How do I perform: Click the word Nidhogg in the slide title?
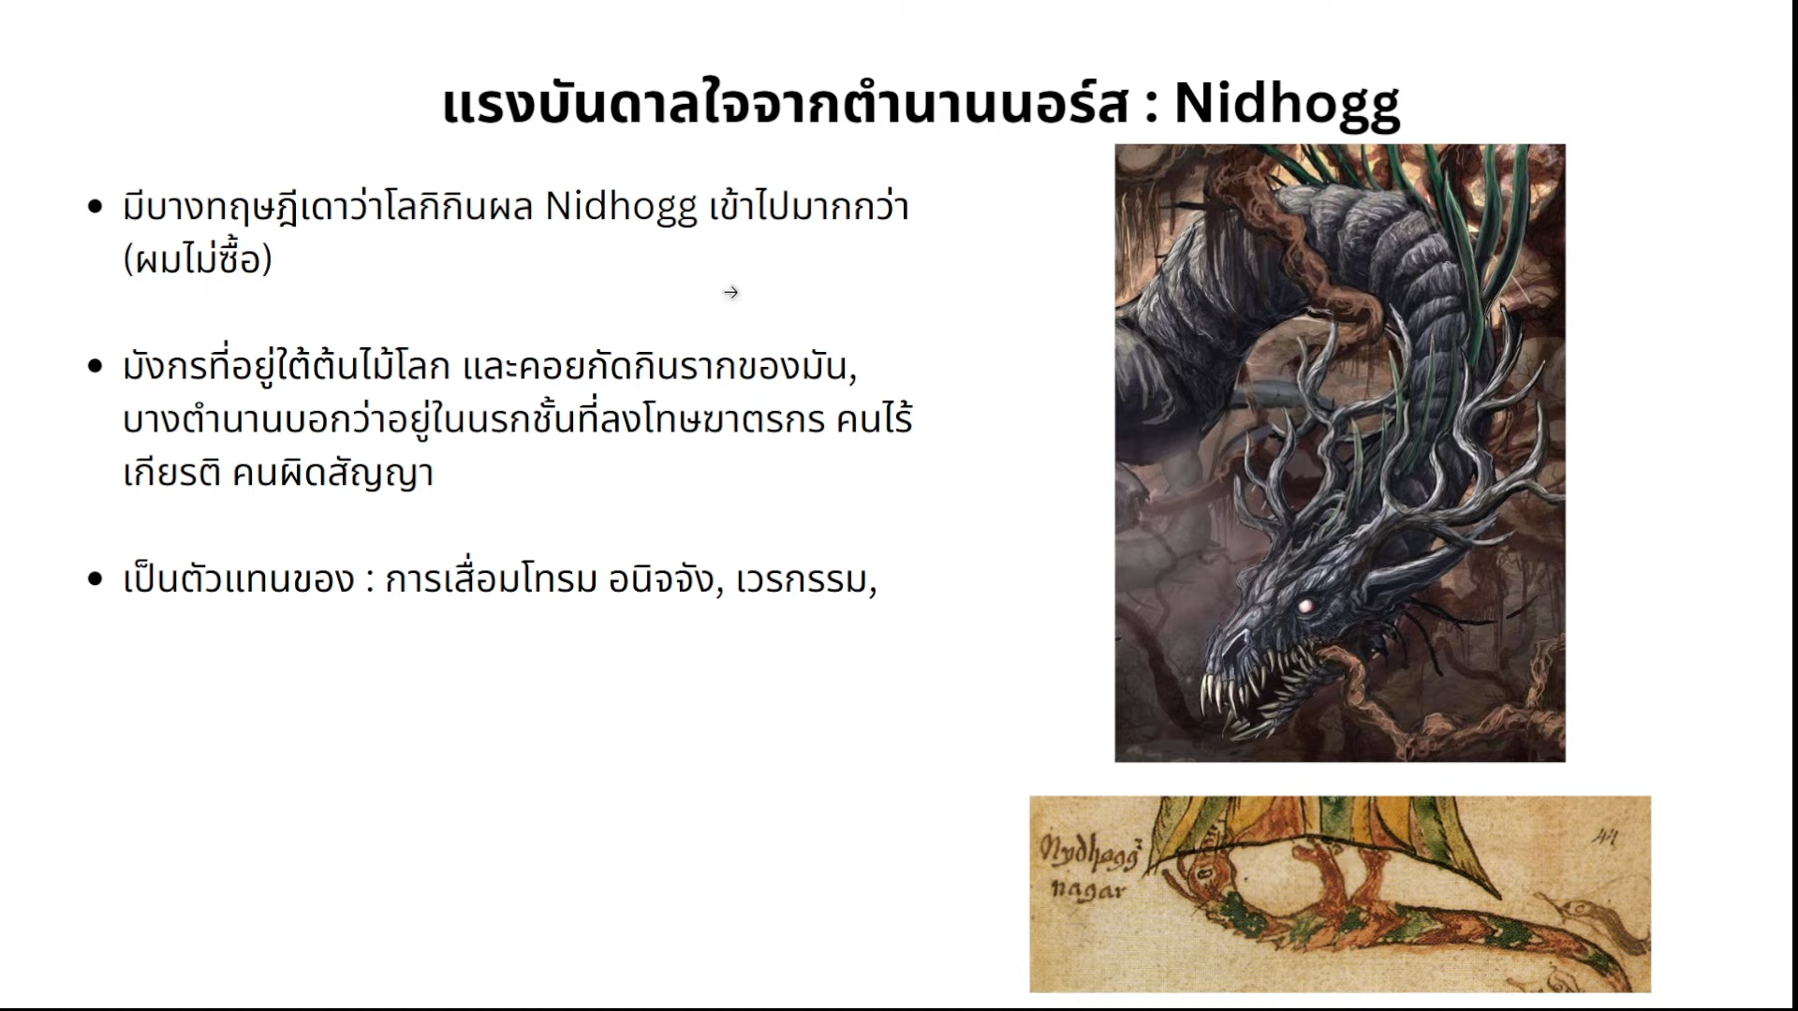[1287, 105]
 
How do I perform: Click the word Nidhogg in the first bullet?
[622, 208]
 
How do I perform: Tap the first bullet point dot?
[95, 207]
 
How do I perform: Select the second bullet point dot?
[95, 366]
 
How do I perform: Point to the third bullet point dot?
[95, 579]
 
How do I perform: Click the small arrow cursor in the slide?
[731, 293]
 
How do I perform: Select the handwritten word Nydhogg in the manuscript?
[1091, 852]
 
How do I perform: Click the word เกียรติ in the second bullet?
[172, 473]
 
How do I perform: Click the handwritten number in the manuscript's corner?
[1605, 838]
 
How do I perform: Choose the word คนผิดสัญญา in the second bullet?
[332, 473]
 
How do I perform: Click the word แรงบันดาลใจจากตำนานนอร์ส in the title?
[786, 105]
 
